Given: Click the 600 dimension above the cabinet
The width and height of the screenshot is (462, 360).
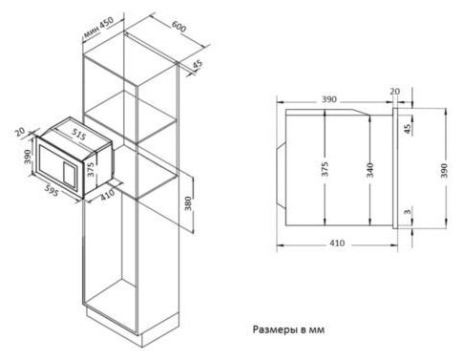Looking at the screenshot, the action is coord(178,25).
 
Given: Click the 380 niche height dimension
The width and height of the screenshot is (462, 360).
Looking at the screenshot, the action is coord(188,204).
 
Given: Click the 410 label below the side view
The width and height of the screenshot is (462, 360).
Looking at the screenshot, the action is coord(337,244).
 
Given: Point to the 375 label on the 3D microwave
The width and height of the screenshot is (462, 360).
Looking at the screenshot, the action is coord(90,169).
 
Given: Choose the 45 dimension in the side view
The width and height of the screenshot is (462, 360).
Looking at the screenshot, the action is coord(406,128).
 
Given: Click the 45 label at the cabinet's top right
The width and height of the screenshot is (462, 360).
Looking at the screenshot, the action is coord(198,65).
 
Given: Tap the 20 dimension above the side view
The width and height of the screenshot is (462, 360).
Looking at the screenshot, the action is coord(394,92).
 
